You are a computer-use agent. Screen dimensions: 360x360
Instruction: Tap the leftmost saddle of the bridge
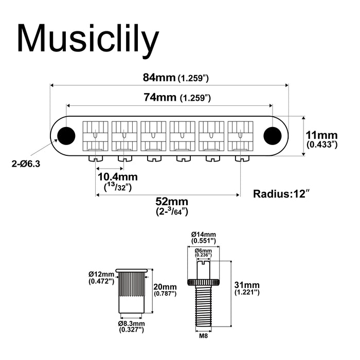point(96,137)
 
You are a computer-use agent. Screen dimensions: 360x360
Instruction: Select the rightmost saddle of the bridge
point(240,137)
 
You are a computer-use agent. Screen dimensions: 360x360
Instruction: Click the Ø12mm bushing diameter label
point(101,278)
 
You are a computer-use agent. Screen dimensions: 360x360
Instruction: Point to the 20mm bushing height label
point(165,290)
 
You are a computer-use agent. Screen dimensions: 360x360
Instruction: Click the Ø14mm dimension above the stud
point(204,237)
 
